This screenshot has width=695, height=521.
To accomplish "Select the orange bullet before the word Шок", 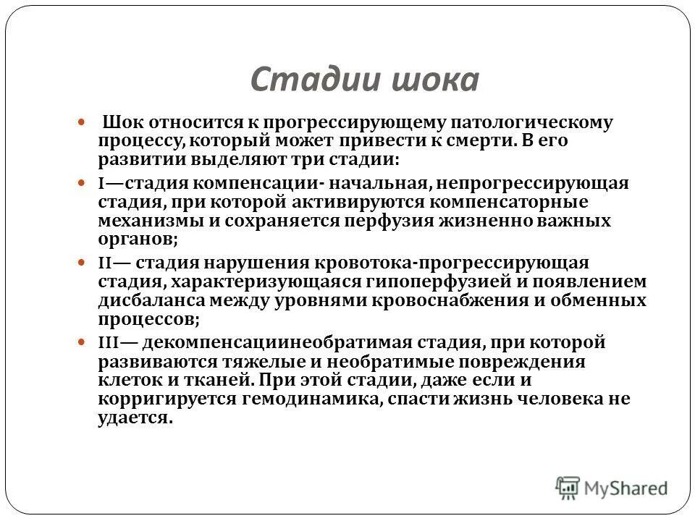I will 81,123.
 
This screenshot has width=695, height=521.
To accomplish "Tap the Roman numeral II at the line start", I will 105,263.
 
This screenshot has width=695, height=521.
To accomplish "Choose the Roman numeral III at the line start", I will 109,342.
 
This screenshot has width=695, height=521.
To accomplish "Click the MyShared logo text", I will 626,488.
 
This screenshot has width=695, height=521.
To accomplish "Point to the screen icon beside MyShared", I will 568,487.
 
